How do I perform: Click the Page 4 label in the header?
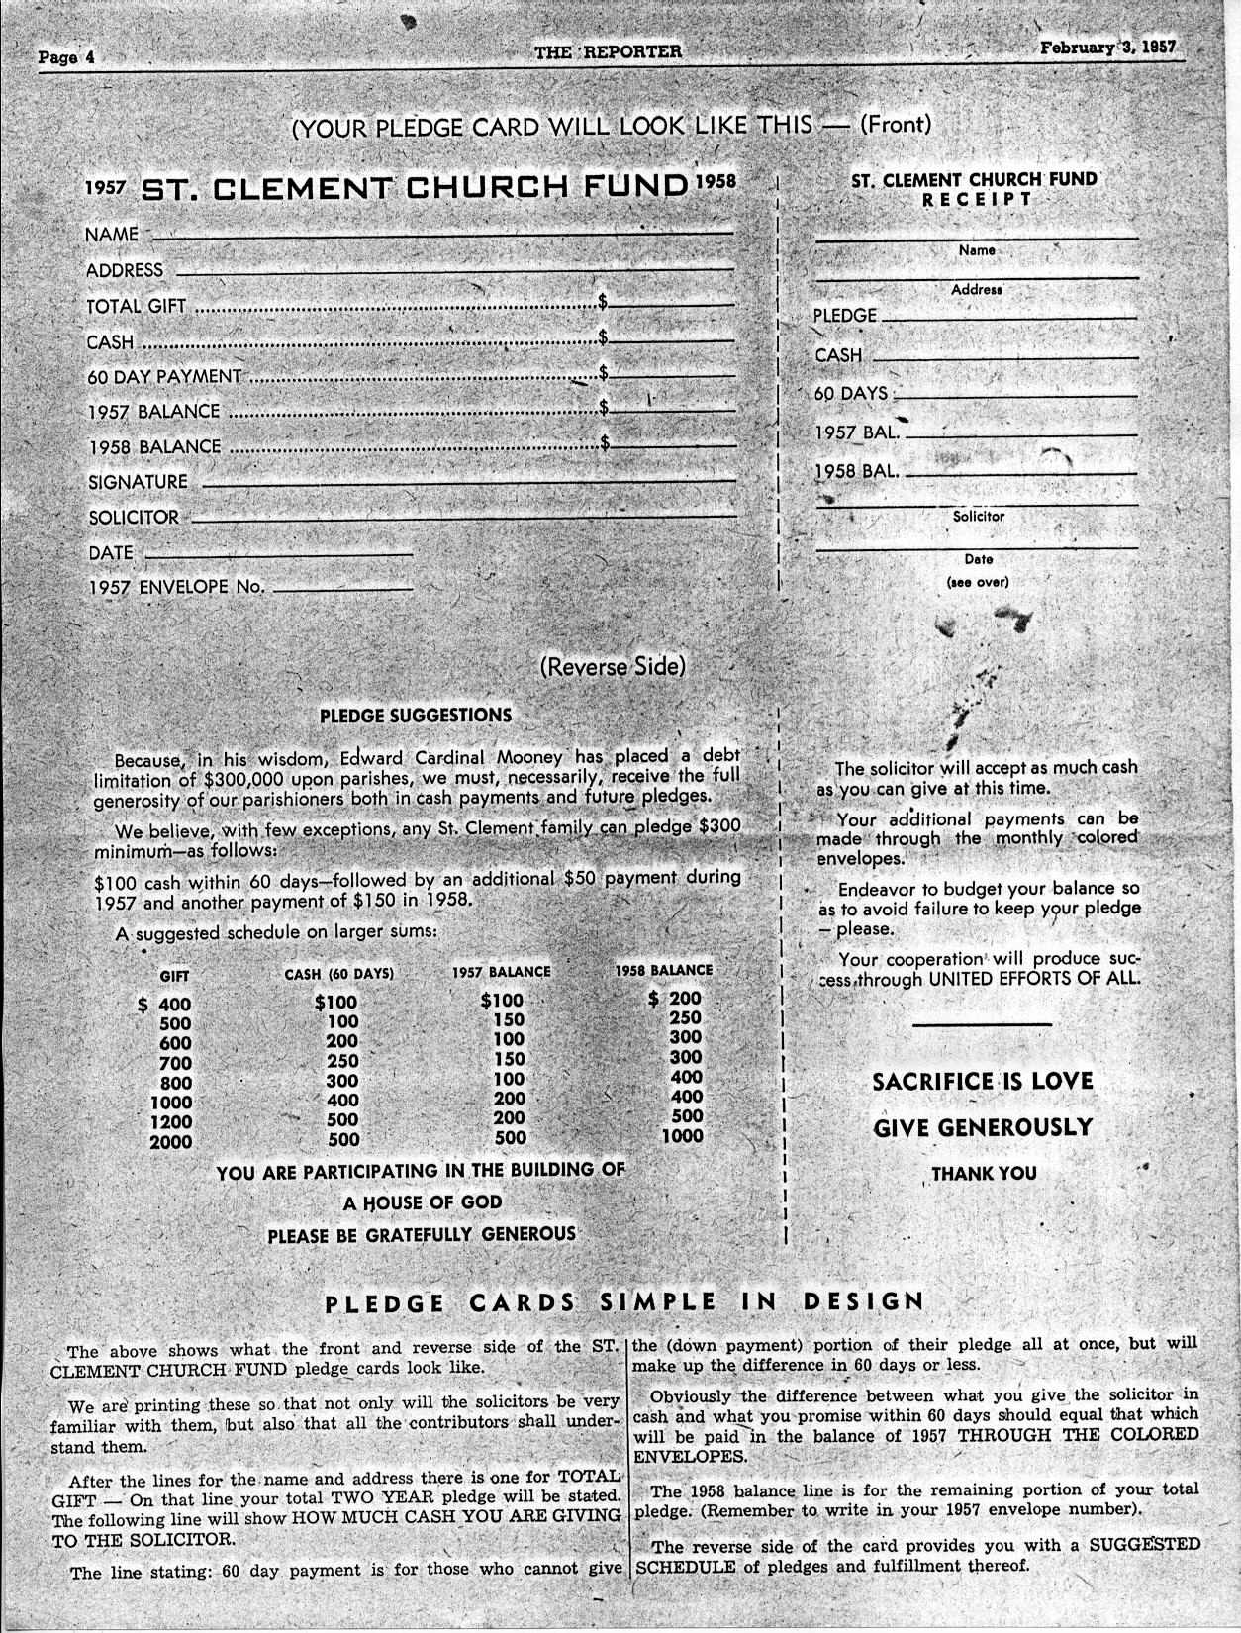[x=65, y=56]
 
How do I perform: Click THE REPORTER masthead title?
[x=608, y=51]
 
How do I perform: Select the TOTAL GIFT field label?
[x=136, y=307]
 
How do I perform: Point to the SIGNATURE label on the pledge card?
[x=138, y=482]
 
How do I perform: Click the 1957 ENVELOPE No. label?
[x=176, y=587]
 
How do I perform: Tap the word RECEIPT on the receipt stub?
[x=977, y=199]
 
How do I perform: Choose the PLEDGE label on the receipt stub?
[x=845, y=316]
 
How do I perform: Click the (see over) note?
[x=977, y=582]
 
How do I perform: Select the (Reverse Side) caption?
[x=612, y=666]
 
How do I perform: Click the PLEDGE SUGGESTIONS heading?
[x=416, y=715]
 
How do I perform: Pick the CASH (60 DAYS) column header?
[x=338, y=974]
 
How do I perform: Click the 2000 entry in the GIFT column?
[x=170, y=1142]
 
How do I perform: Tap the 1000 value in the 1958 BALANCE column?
[x=682, y=1136]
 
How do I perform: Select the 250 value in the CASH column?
[x=342, y=1061]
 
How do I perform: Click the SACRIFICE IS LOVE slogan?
[x=982, y=1081]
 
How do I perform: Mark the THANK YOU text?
[x=984, y=1174]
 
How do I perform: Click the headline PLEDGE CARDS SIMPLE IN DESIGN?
[x=623, y=1302]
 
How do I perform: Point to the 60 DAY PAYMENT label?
[x=164, y=376]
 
